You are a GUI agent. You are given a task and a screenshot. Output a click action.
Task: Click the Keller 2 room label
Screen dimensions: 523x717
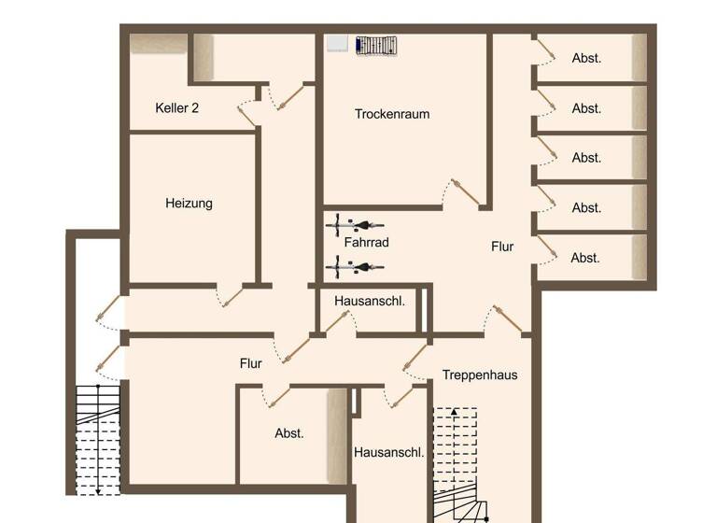[176, 108]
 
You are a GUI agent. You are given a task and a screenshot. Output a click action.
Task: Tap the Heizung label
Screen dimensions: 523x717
[189, 203]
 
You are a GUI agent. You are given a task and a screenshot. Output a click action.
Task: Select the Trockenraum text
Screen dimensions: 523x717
[392, 114]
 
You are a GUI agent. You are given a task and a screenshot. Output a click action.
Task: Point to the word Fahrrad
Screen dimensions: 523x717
[366, 243]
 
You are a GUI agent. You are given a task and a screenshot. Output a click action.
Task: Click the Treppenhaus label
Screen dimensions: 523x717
[479, 375]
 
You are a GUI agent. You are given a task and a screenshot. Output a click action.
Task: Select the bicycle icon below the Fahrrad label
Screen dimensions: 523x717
[355, 267]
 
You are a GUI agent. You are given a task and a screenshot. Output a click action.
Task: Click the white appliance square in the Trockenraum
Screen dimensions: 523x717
[337, 43]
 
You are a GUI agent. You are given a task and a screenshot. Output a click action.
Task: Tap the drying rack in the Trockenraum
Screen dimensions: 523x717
[376, 45]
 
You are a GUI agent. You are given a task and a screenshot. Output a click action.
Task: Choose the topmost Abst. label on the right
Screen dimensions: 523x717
[586, 58]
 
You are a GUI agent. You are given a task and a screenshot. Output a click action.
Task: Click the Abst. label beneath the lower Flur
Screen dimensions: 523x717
[289, 433]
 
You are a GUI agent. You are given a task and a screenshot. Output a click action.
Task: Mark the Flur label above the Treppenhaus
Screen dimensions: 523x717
[502, 247]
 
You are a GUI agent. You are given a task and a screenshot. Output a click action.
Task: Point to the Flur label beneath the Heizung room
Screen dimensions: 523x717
[250, 363]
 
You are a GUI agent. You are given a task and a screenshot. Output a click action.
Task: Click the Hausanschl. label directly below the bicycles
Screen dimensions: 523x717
[369, 301]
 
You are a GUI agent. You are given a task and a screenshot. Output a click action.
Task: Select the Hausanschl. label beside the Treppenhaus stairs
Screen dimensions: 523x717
[388, 452]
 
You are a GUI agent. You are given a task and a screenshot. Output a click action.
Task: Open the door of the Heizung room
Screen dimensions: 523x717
[231, 296]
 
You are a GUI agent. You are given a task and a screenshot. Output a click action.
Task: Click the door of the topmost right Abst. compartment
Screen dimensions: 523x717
[544, 50]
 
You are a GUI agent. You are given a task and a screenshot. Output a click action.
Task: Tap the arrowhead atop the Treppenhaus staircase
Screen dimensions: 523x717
[454, 411]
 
